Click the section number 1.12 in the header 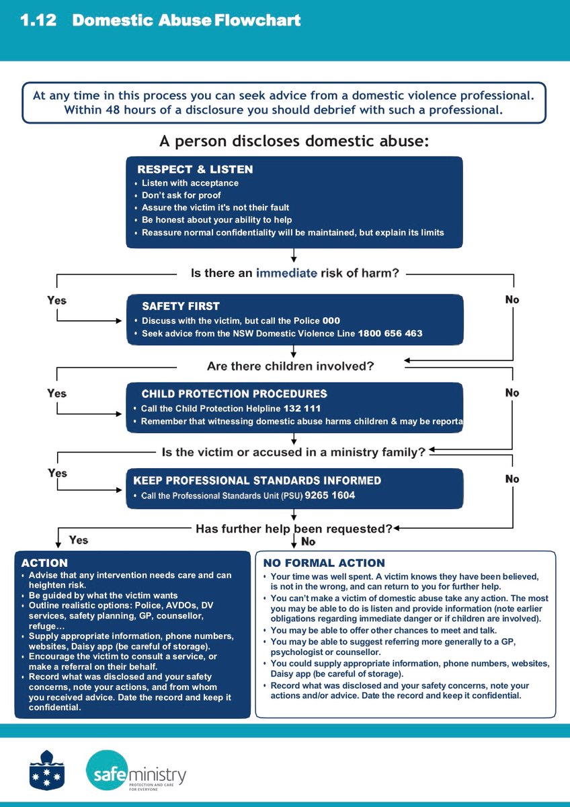pos(39,21)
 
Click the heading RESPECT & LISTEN pos(195,169)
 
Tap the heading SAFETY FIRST pos(181,306)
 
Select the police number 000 pos(331,321)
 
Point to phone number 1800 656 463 pos(390,334)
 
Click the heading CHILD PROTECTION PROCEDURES pos(234,393)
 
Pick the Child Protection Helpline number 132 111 pos(302,408)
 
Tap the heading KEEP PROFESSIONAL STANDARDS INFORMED pos(257,480)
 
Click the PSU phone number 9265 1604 pos(329,496)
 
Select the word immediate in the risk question pos(286,273)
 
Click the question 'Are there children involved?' pos(290,367)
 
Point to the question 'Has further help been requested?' pos(294,529)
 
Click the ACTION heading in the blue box pos(44,563)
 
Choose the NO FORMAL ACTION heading pos(324,563)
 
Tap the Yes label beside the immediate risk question pos(57,300)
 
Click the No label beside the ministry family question pos(512,479)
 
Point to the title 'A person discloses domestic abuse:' pos(294,142)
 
